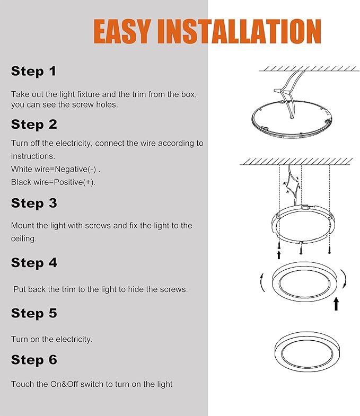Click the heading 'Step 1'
[x=33, y=71]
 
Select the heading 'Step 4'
[x=34, y=263]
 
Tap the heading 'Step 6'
[x=34, y=360]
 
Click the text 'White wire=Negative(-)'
[x=55, y=169]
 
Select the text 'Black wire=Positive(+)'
[x=53, y=182]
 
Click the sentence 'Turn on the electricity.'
[x=51, y=339]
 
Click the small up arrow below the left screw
[x=279, y=255]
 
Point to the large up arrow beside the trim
[x=336, y=303]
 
